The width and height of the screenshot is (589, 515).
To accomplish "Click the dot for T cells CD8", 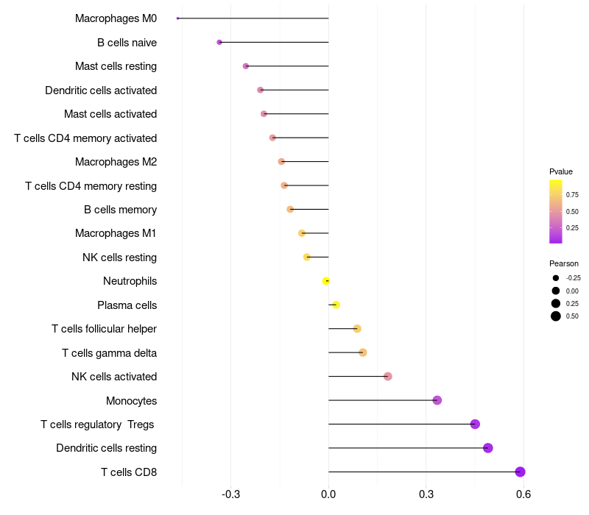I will coord(520,472).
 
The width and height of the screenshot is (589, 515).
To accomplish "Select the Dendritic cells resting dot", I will coord(487,448).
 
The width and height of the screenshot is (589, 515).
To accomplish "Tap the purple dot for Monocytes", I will coord(437,400).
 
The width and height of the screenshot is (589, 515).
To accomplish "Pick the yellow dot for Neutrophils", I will coord(326,281).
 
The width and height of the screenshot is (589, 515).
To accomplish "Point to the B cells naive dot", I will coord(219,42).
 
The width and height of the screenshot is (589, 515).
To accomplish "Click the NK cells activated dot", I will coord(388,377).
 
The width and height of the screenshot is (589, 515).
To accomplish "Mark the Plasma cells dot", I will coord(336,305).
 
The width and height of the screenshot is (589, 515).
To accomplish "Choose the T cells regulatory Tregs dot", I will coord(475,424).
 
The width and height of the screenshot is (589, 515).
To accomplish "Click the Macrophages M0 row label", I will coord(116,18).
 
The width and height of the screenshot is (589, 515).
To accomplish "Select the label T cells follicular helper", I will coord(104,329).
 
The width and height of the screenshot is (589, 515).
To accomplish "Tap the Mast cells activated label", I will coord(110,114).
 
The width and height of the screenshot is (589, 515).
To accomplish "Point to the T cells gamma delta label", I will coord(109,352).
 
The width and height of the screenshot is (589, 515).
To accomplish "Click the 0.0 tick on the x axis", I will coord(328,494).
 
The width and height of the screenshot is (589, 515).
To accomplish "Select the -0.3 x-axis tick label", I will coord(230,494).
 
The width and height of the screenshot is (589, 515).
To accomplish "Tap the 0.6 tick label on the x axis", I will coord(523,494).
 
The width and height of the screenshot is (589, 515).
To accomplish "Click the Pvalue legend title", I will coord(561,171).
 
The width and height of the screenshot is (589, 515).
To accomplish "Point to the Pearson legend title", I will coord(563,263).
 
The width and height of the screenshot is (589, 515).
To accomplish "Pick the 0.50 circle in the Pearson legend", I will coord(556,316).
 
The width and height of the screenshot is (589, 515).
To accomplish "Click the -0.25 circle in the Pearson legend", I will coord(556,278).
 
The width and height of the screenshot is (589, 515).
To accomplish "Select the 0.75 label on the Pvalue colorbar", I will coord(572,196).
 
